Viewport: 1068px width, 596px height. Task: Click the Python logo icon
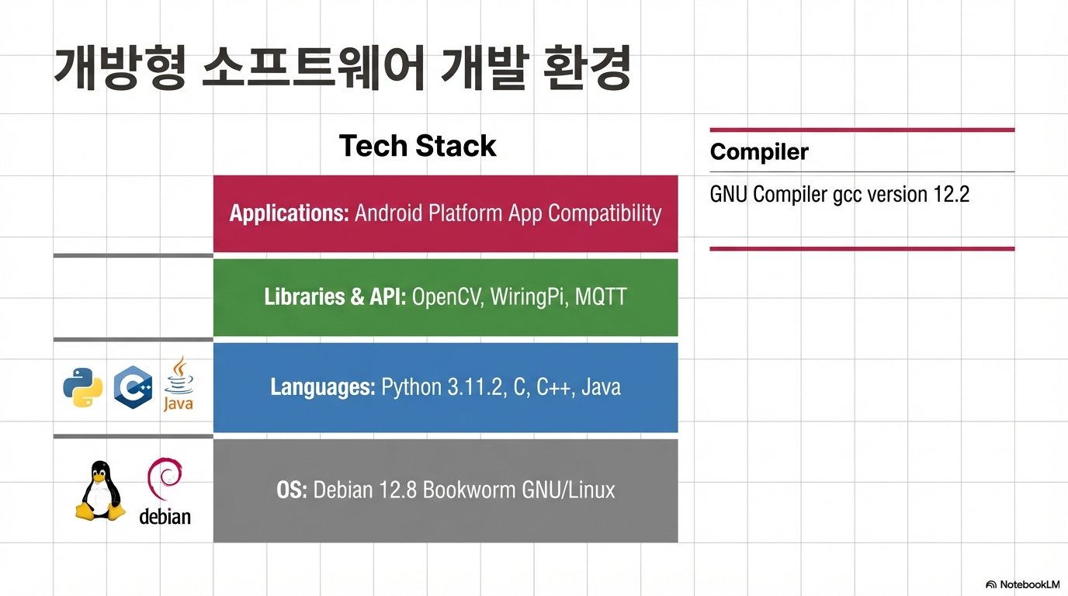pos(83,387)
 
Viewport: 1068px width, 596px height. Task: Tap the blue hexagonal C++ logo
pos(133,387)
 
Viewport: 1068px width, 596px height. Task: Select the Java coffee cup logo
pos(179,383)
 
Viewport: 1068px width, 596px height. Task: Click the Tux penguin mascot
pos(100,490)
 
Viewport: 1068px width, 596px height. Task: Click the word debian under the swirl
pos(165,516)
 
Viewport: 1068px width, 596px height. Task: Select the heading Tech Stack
pos(418,145)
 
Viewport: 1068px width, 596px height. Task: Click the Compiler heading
pos(759,152)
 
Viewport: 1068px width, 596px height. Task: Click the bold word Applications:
pos(290,213)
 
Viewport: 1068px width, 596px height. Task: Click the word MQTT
pos(601,296)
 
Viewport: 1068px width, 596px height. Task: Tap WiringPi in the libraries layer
pos(529,296)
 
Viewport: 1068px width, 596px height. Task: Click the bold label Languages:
pos(323,387)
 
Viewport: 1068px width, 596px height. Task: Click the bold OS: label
pos(292,490)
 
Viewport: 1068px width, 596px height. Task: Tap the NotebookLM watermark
pos(1022,584)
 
